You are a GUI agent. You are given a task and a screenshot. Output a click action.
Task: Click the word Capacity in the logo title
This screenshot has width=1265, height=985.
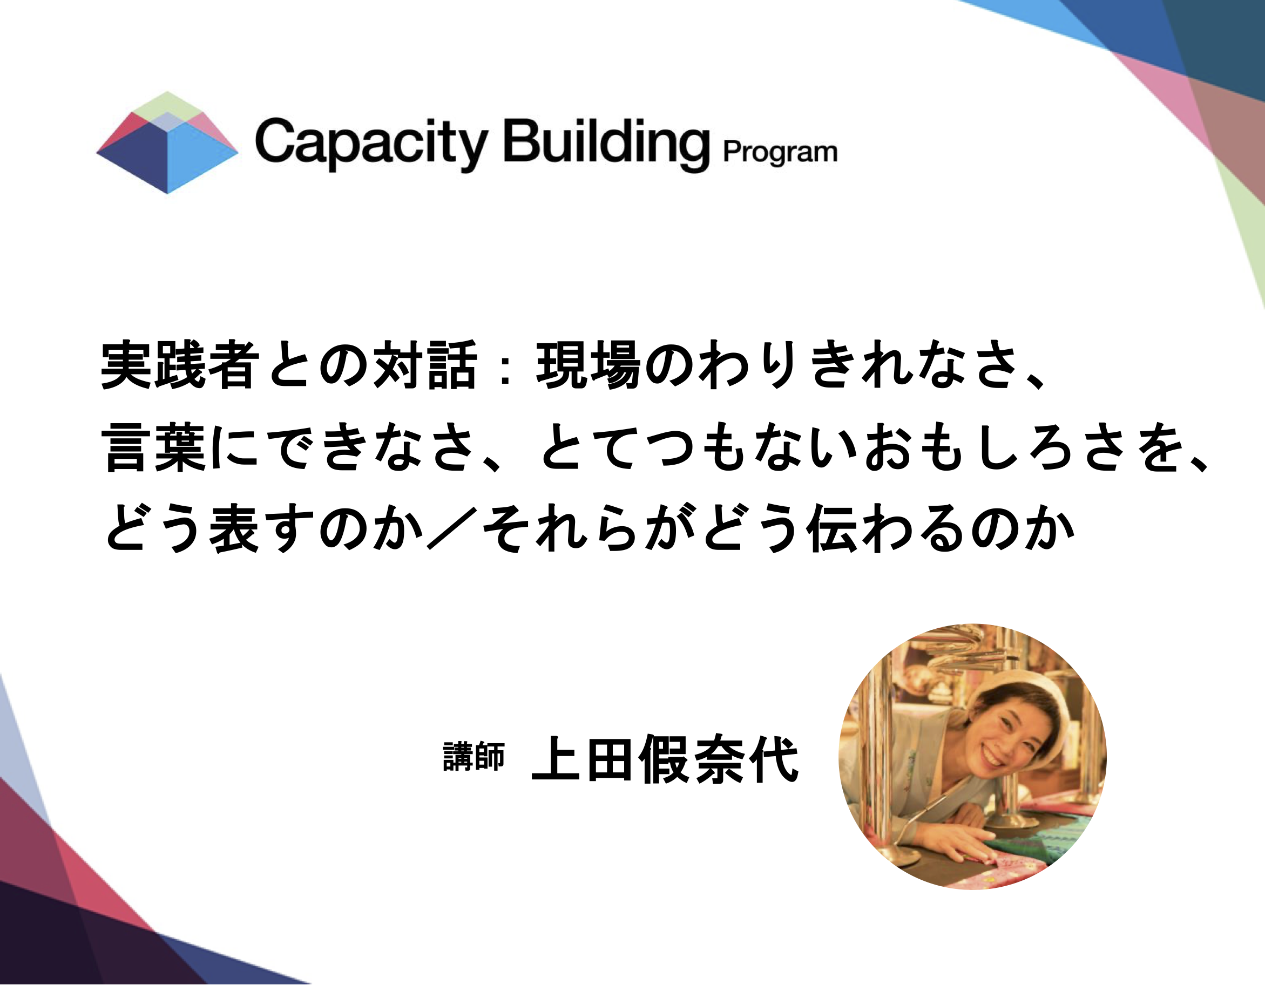[371, 142]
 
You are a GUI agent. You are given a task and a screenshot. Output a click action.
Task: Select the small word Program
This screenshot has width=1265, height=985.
[780, 152]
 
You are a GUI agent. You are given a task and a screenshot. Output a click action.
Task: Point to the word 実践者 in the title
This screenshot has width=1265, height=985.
[180, 365]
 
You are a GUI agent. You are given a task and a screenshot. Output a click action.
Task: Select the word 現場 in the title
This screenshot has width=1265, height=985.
[588, 365]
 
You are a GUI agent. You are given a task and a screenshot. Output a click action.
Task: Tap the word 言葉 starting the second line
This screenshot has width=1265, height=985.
[153, 447]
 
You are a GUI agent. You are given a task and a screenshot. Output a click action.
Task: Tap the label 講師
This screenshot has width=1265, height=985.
[473, 757]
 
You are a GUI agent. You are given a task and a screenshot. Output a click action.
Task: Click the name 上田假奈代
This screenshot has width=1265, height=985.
[665, 758]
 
